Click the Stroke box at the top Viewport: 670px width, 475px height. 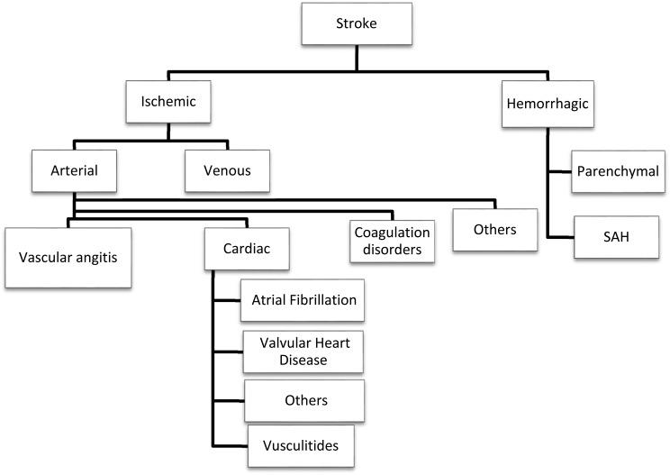point(357,25)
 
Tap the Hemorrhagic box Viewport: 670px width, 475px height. point(548,104)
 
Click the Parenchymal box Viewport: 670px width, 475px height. point(617,170)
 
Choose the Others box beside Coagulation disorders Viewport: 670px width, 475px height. point(495,229)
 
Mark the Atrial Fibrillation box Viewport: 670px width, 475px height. point(302,300)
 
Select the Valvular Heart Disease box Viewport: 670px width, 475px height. point(303,351)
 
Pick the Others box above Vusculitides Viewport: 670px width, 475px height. point(303,399)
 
